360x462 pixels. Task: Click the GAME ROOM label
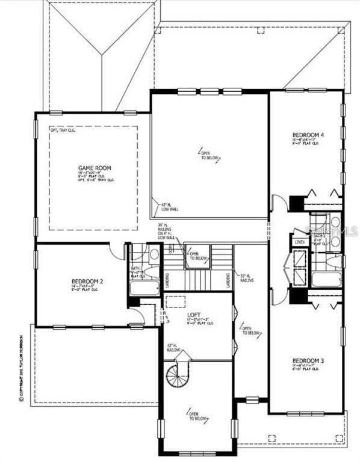(x=95, y=168)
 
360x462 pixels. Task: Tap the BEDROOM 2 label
(x=88, y=282)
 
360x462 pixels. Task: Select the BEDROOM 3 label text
(x=307, y=360)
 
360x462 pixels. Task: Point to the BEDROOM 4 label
(x=308, y=135)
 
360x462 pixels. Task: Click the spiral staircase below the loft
(x=178, y=376)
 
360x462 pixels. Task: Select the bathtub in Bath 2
(x=144, y=288)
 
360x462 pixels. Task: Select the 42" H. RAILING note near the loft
(x=173, y=347)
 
